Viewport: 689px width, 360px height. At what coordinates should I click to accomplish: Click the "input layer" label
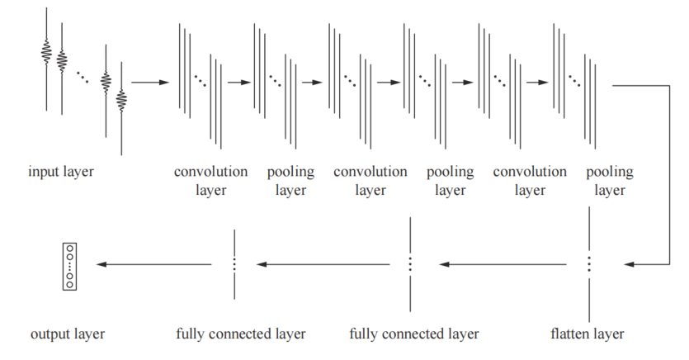(x=61, y=172)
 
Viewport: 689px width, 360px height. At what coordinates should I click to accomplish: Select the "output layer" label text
(x=68, y=334)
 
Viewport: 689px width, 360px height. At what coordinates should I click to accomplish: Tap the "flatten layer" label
(x=588, y=334)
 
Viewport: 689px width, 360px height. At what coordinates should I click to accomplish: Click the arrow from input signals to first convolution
(x=149, y=83)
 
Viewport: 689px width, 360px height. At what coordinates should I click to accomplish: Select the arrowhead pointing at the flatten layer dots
(x=629, y=264)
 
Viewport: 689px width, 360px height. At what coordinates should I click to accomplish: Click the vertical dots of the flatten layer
(x=589, y=264)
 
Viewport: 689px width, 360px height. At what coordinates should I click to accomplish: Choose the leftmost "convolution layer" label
(x=210, y=181)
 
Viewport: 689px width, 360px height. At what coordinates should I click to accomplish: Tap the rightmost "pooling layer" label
(x=610, y=181)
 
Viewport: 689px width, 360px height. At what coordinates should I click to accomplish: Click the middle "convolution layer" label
(x=370, y=181)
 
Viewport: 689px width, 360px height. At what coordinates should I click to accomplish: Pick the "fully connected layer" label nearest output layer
(x=241, y=334)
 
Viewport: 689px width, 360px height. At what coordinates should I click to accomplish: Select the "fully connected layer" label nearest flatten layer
(x=414, y=334)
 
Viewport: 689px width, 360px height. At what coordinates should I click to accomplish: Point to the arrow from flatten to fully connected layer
(x=503, y=264)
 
